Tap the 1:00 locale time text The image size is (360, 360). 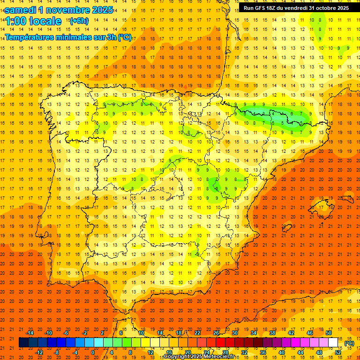click(x=33, y=21)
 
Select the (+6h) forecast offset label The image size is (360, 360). click(x=78, y=21)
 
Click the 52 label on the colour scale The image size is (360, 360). click(x=338, y=352)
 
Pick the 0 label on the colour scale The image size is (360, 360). click(x=93, y=352)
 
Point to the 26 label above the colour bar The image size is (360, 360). click(x=216, y=333)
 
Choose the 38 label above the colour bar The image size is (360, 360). click(x=272, y=333)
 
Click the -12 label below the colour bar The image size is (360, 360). click(x=39, y=352)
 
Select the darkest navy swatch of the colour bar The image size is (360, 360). click(x=23, y=343)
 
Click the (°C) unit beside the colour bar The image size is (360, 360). click(x=349, y=343)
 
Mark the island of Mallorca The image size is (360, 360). click(x=323, y=207)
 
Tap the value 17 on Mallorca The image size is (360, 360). click(x=321, y=207)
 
